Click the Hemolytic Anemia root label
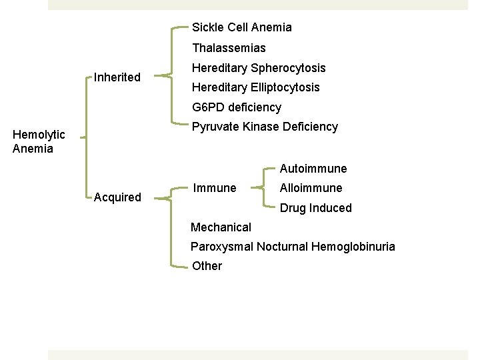[39, 142]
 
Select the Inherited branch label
[117, 77]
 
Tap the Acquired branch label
[117, 197]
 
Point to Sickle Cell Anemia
[241, 27]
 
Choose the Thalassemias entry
[229, 48]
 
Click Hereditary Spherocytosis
[259, 68]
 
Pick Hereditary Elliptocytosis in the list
[255, 87]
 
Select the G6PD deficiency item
[236, 107]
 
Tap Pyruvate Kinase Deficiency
[264, 127]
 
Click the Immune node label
[214, 188]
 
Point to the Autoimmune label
[313, 169]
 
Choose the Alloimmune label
[311, 188]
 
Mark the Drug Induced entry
[315, 208]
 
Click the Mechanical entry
[221, 227]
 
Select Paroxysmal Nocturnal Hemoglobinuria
[293, 247]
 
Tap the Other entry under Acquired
[207, 266]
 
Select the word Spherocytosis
[289, 68]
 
